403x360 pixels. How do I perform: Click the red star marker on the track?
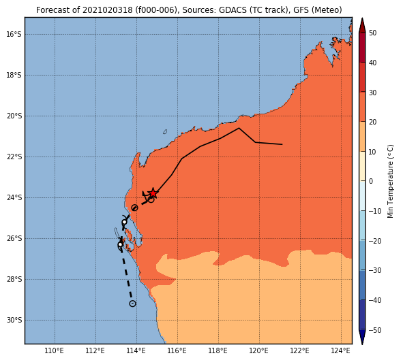pyautogui.click(x=153, y=193)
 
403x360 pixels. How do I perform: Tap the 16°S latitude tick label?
pyautogui.click(x=14, y=34)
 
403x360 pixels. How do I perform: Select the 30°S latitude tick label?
pyautogui.click(x=14, y=321)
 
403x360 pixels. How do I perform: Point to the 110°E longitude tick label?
pyautogui.click(x=55, y=350)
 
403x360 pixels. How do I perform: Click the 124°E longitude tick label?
pyautogui.click(x=340, y=350)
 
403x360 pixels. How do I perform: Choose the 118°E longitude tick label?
pyautogui.click(x=218, y=350)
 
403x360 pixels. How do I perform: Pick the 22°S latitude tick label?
pyautogui.click(x=14, y=157)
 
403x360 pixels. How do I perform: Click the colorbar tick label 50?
pyautogui.click(x=372, y=33)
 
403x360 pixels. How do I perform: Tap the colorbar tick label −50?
pyautogui.click(x=375, y=330)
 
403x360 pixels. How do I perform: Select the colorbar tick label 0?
pyautogui.click(x=371, y=181)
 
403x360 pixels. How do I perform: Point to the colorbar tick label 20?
pyautogui.click(x=372, y=122)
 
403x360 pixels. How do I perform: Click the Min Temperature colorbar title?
pyautogui.click(x=390, y=181)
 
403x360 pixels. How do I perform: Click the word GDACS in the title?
pyautogui.click(x=230, y=10)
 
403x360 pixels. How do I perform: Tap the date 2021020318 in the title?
pyautogui.click(x=108, y=10)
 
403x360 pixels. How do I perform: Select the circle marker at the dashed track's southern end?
pyautogui.click(x=132, y=304)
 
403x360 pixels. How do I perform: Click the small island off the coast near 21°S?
pyautogui.click(x=165, y=132)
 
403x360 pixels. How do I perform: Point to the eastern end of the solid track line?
pyautogui.click(x=282, y=144)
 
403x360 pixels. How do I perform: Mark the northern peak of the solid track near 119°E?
pyautogui.click(x=239, y=128)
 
